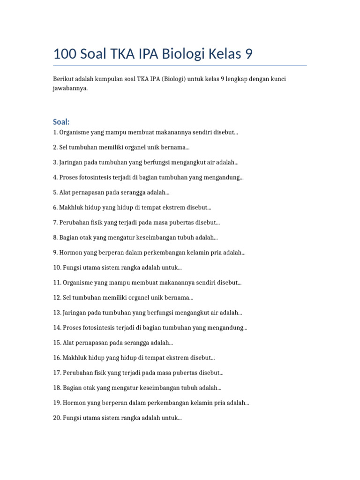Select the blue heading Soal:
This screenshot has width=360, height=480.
[61, 122]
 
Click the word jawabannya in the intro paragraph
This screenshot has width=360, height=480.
[70, 88]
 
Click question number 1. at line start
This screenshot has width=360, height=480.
[55, 133]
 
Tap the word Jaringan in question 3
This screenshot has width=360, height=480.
[72, 163]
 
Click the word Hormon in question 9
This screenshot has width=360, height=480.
[70, 253]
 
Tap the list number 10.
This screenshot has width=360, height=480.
[57, 268]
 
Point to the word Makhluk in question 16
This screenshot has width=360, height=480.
[77, 358]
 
